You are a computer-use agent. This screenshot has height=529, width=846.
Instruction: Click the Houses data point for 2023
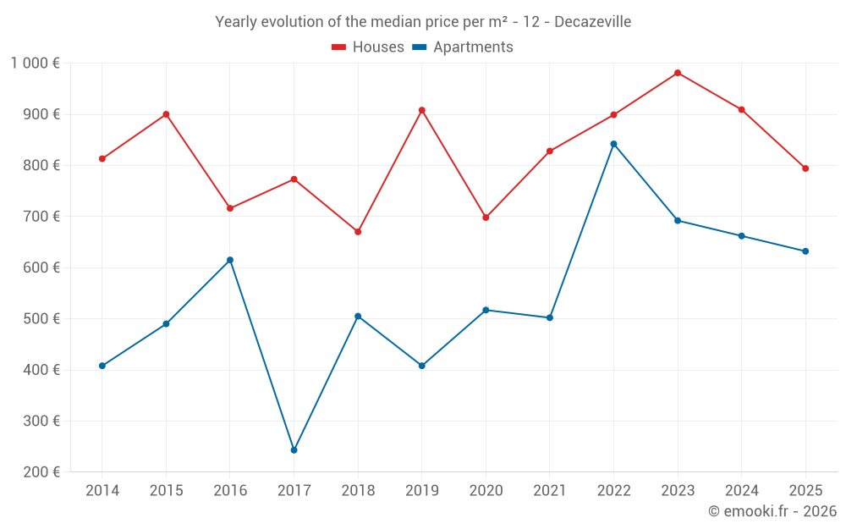pos(678,73)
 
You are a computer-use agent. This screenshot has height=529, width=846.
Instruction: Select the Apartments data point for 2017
pos(294,450)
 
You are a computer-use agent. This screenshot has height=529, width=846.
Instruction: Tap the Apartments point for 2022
pos(613,144)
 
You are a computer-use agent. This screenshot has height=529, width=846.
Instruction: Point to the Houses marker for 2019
pos(421,110)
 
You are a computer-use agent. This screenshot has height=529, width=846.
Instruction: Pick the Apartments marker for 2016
pos(230,260)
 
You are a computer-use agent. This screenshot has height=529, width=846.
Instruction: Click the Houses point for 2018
pos(358,232)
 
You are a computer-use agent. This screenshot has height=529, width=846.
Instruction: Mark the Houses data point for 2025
pos(805,168)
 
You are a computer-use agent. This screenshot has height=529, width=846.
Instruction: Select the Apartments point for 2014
pos(102,366)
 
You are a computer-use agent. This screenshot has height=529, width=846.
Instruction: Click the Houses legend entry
pos(368,47)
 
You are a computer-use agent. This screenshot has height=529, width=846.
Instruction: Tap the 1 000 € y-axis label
pos(35,63)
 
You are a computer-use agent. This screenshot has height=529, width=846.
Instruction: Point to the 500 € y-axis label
pos(41,319)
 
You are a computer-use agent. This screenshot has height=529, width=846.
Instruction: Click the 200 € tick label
pos(41,472)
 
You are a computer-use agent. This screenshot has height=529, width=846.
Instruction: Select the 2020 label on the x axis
pos(486,491)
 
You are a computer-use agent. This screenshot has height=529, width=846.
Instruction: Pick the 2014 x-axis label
pos(102,491)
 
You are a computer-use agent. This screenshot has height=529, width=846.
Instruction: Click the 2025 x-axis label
pos(805,491)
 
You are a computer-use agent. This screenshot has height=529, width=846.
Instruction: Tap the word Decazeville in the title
pos(592,21)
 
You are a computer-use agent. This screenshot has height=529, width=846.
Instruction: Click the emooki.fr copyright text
pos(772,511)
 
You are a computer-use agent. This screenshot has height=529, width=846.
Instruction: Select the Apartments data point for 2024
pos(741,236)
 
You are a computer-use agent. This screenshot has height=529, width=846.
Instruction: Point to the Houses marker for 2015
pos(166,114)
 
